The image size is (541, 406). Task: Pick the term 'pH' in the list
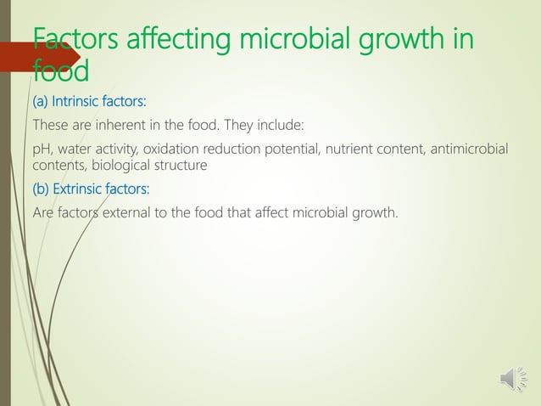tap(41, 150)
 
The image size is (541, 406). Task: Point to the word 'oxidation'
tap(166, 150)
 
